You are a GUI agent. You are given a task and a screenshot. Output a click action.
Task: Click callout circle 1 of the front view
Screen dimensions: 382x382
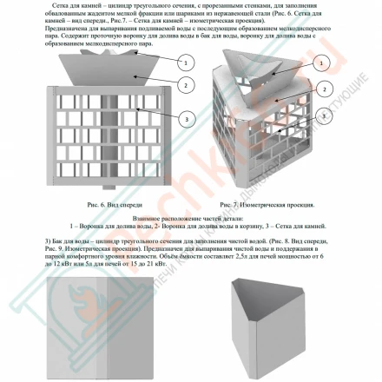click(x=185, y=63)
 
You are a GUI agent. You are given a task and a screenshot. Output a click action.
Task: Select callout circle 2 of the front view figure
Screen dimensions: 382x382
click(x=185, y=84)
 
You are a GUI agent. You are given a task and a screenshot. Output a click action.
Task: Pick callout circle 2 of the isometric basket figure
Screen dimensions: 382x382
click(x=324, y=89)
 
